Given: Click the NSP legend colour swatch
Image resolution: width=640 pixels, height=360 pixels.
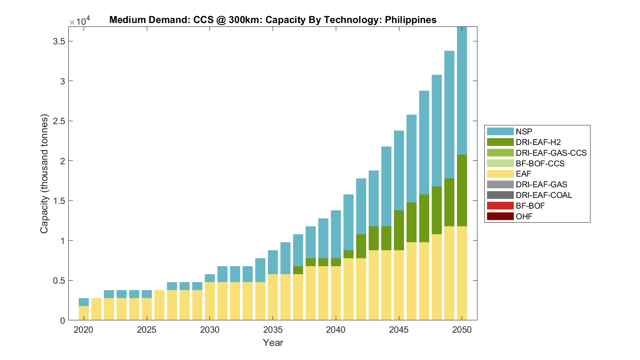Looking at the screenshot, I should point(500,131).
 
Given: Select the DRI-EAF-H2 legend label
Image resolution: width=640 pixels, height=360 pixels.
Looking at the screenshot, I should point(538,142).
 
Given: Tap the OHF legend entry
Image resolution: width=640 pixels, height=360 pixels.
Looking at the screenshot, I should point(524,216).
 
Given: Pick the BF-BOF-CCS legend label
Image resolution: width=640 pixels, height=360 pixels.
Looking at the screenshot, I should point(540,163).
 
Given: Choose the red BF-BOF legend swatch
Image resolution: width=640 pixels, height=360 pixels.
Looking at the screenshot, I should point(500,206).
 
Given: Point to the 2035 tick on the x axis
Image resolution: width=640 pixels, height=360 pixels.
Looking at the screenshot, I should point(273,330).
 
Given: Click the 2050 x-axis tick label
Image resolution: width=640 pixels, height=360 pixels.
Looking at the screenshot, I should point(462,330).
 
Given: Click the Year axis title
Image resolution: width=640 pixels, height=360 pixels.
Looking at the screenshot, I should point(273,343).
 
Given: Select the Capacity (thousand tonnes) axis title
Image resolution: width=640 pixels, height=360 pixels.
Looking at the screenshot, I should point(44,174).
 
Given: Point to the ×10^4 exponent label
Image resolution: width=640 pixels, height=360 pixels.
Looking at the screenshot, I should point(80,21).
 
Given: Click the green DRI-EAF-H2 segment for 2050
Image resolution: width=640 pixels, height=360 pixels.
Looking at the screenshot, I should point(462,190).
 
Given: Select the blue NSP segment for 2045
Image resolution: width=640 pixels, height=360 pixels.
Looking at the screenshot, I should point(399,171).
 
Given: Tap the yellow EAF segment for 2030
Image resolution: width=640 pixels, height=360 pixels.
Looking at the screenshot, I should point(210,301).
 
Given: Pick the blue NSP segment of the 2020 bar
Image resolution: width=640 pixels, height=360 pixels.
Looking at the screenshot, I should point(84,302).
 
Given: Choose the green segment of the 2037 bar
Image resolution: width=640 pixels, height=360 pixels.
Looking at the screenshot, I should point(298,270).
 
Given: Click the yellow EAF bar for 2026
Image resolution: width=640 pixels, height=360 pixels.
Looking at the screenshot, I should point(160,305).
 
